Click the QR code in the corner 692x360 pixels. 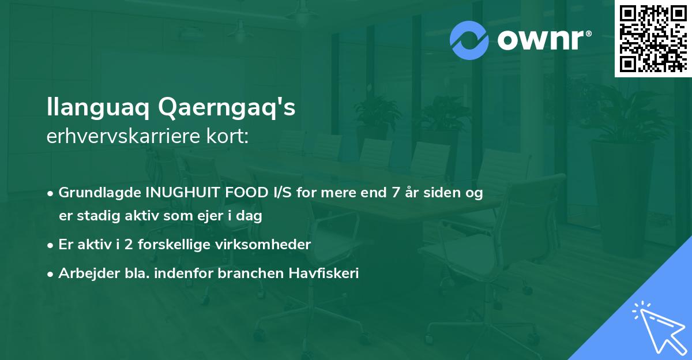[653, 38]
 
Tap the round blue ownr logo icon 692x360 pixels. [469, 40]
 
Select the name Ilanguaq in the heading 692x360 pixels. [98, 108]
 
